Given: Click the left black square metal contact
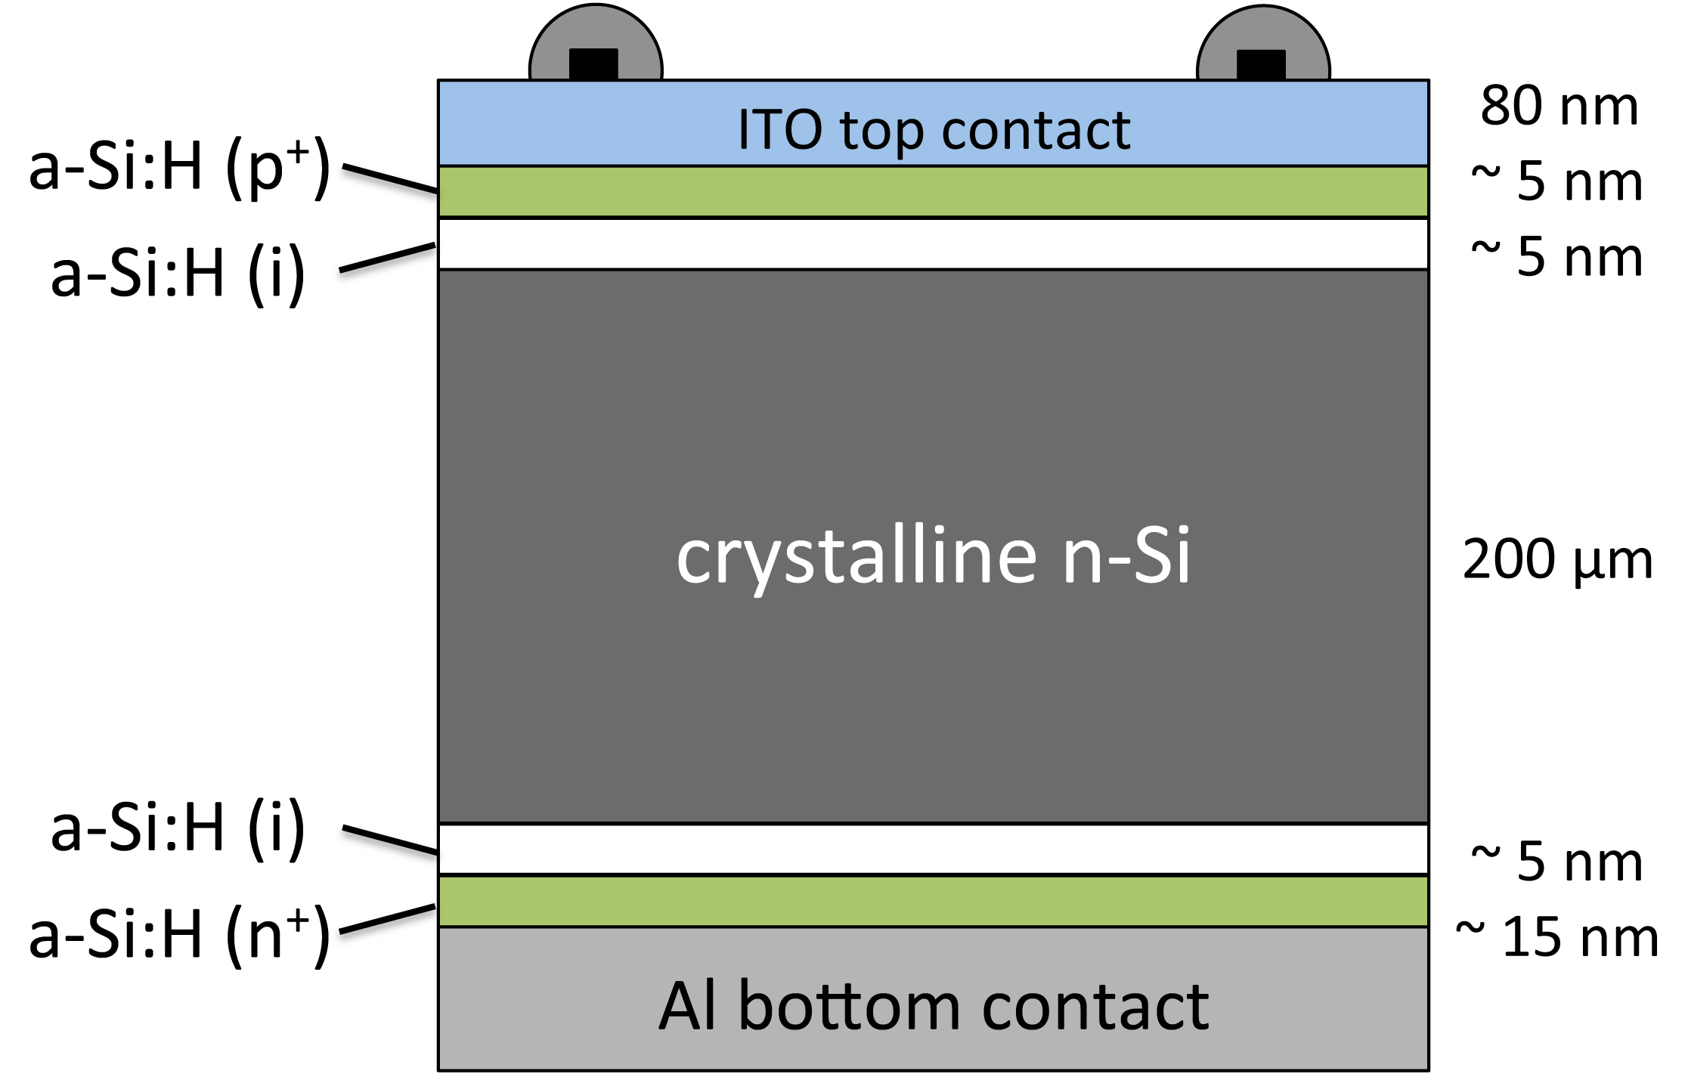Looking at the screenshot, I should (593, 64).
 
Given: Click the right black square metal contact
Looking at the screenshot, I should (1261, 64).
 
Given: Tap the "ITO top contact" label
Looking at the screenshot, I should (934, 131).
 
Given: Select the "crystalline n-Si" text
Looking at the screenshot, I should (934, 557).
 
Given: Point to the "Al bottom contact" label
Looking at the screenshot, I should (934, 1007).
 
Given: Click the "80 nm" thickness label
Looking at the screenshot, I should (1559, 106).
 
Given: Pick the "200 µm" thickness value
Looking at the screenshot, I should (1558, 560).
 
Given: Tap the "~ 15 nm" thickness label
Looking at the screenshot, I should (1557, 937).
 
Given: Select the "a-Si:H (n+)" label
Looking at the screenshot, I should (179, 935).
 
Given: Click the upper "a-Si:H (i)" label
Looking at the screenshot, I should (178, 273).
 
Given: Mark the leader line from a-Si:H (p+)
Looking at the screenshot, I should (389, 178).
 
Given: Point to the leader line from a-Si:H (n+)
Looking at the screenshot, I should (388, 918).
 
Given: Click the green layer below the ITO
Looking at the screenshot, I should (934, 192).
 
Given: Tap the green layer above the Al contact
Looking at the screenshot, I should (934, 901).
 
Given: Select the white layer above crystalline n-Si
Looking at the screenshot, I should (934, 244).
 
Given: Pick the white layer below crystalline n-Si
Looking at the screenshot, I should (934, 849).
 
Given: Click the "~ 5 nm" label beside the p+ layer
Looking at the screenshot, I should (1557, 181).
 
